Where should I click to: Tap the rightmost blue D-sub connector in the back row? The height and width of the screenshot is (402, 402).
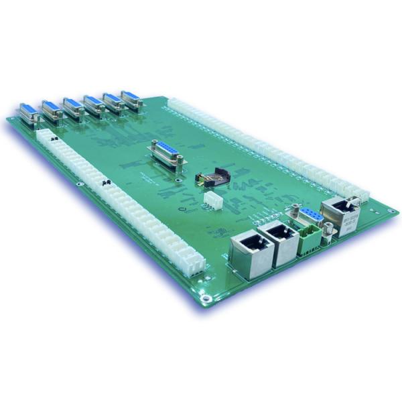tap(132, 100)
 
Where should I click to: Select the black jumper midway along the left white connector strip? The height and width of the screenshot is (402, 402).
tap(105, 182)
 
